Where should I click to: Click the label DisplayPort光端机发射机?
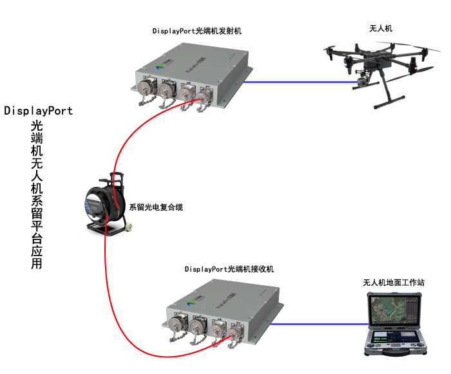pyautogui.click(x=197, y=30)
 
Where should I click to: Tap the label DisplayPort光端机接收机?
pyautogui.click(x=229, y=269)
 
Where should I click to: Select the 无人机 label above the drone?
pyautogui.click(x=380, y=29)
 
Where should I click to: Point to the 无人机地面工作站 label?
pyautogui.click(x=394, y=283)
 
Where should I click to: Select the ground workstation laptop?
pyautogui.click(x=394, y=325)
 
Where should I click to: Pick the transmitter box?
pyautogui.click(x=193, y=74)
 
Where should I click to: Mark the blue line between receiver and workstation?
pyautogui.click(x=322, y=324)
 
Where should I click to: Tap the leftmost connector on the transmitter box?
pyautogui.click(x=144, y=88)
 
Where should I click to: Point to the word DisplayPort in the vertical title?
pyautogui.click(x=39, y=111)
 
